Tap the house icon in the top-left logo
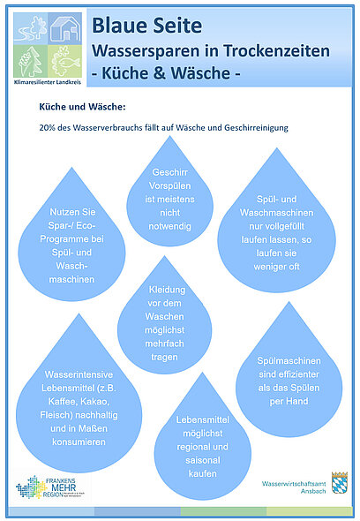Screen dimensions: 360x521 tap(65, 30)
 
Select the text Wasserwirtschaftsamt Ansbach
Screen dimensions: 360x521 tap(294, 487)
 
